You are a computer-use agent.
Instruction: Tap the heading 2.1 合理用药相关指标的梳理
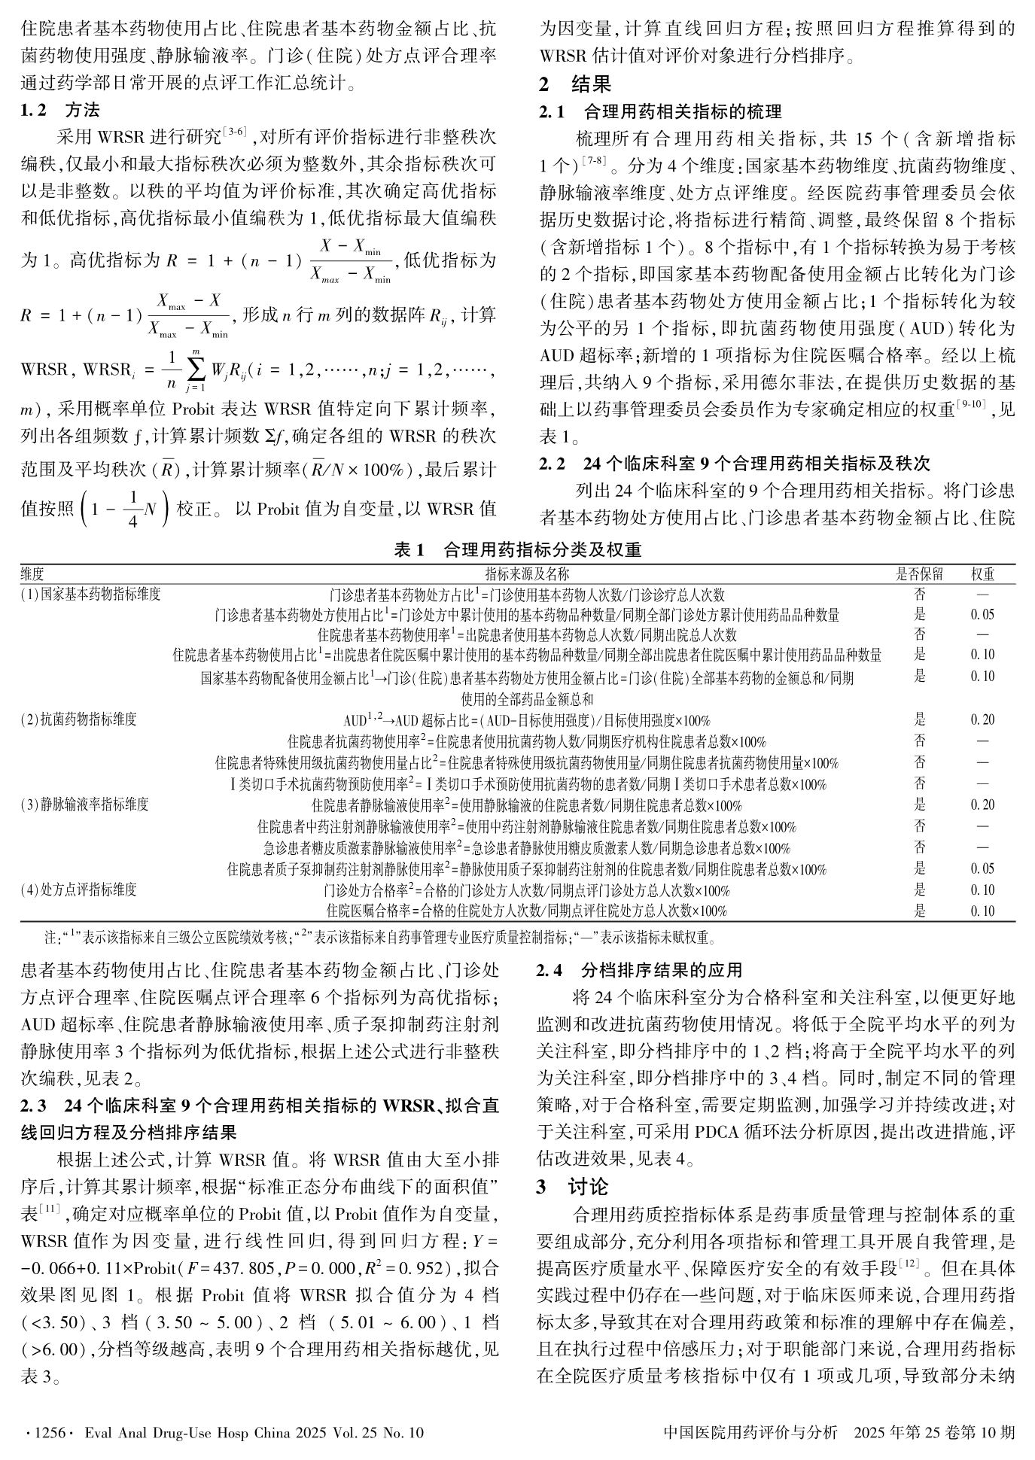click(660, 112)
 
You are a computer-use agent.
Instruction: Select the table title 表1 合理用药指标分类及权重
click(517, 550)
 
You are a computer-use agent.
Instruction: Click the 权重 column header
click(982, 574)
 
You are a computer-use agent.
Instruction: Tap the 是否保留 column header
click(919, 574)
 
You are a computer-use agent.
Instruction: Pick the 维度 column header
click(32, 574)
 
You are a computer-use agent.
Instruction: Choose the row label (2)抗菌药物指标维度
click(79, 719)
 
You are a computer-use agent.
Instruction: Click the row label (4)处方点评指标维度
click(79, 890)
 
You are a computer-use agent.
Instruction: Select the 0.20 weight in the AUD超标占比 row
click(982, 720)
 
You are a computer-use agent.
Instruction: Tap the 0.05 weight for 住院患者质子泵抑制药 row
click(982, 869)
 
